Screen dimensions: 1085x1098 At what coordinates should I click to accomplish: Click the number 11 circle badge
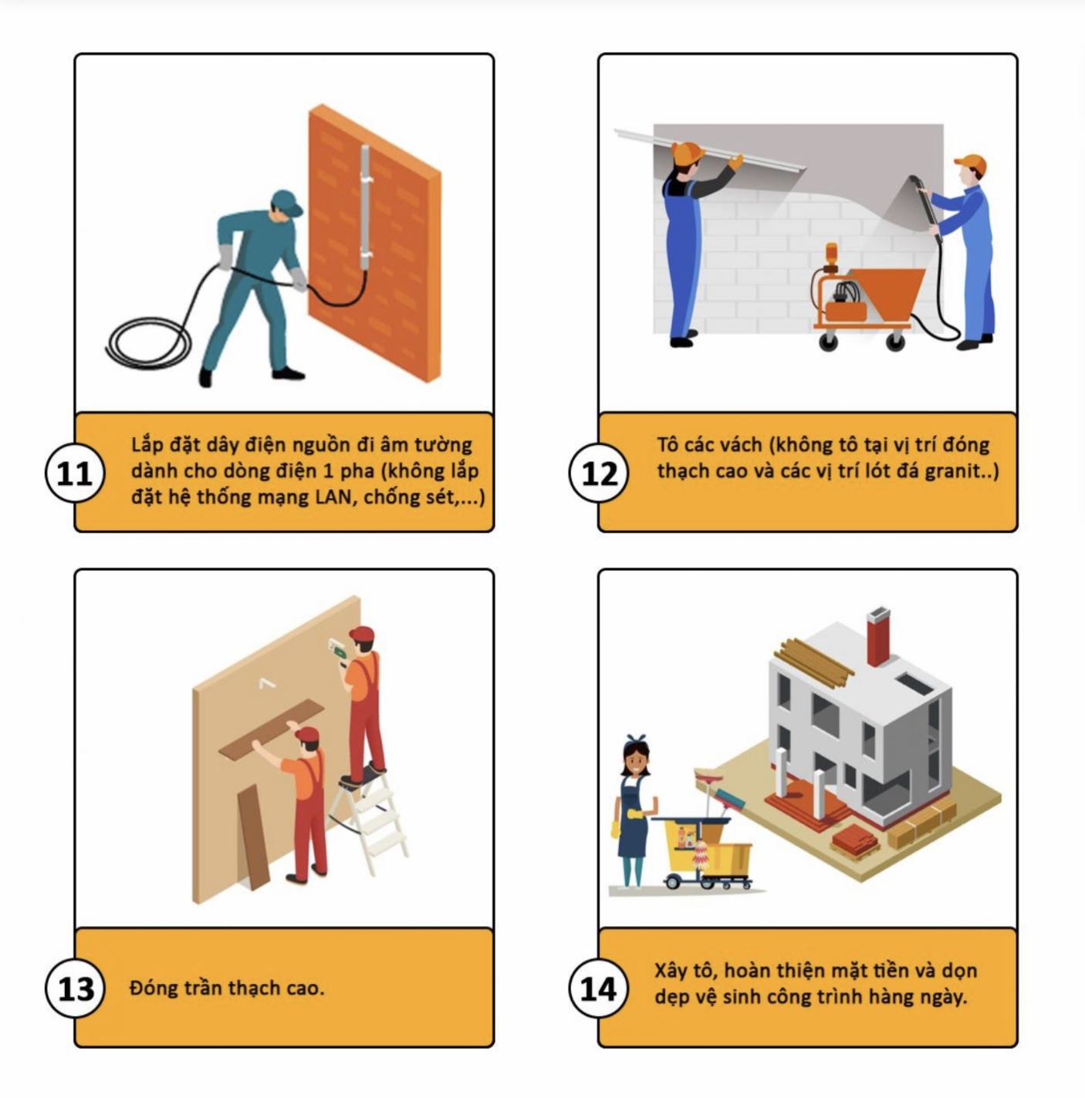click(75, 473)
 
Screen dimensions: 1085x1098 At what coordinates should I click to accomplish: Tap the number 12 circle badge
click(599, 473)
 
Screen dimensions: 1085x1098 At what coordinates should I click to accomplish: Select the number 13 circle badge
click(75, 989)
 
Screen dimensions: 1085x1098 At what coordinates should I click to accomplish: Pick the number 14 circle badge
click(599, 989)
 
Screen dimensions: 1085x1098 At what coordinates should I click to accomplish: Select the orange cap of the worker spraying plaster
click(970, 164)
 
